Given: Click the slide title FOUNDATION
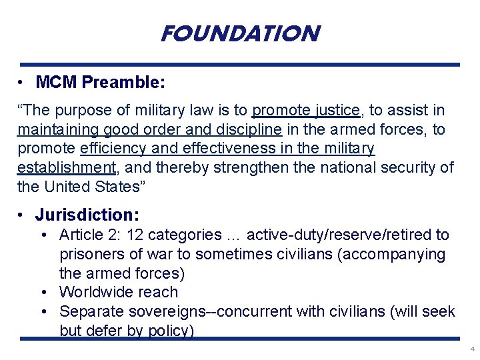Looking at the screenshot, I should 240,33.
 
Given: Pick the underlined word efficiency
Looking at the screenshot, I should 111,148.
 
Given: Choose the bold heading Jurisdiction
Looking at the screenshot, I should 87,215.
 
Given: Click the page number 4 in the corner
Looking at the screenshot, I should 472,349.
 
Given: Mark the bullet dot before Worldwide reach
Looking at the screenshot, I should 44,292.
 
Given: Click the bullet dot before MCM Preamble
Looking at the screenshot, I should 22,83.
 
